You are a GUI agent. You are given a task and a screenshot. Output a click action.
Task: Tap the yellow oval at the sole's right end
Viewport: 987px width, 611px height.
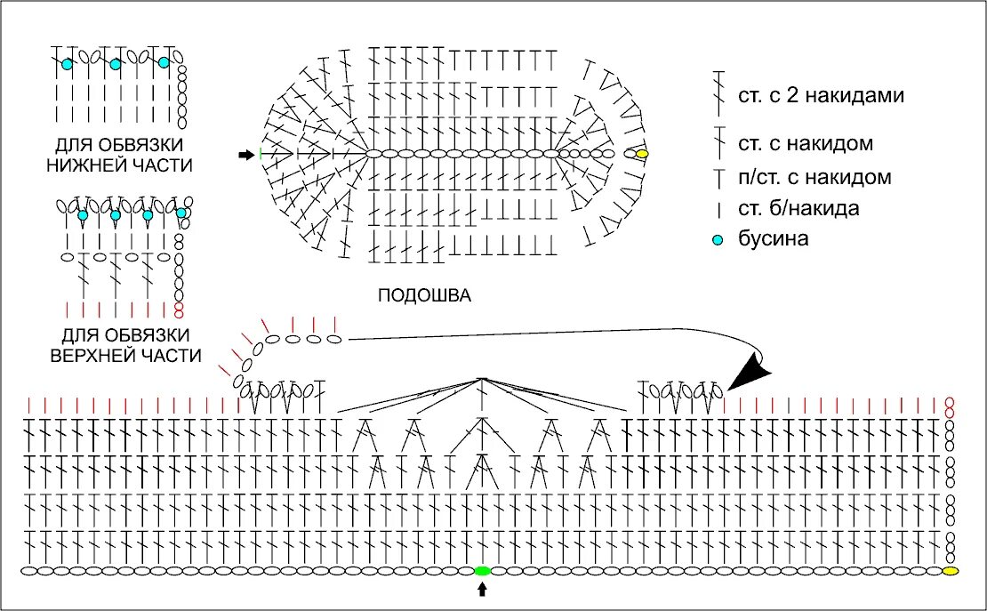642,154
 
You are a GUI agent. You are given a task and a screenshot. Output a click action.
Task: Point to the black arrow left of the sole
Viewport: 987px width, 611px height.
245,155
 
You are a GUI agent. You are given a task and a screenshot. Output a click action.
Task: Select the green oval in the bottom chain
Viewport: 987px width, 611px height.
483,570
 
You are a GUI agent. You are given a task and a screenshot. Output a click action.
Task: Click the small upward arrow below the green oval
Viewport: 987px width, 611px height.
483,588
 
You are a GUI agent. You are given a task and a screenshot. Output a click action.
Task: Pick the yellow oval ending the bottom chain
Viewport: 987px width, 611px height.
951,570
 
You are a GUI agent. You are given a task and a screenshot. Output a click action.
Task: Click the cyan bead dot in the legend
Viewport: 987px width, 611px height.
718,240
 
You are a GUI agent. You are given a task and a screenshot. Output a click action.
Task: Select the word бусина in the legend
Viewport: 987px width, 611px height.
774,239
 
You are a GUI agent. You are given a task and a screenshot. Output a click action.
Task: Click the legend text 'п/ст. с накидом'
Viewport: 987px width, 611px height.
814,177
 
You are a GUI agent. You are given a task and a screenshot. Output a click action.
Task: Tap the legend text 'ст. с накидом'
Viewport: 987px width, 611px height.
805,143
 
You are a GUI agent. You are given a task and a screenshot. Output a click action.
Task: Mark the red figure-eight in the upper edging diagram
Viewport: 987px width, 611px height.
179,310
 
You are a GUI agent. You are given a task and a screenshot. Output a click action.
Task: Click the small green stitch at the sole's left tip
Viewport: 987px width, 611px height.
261,155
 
